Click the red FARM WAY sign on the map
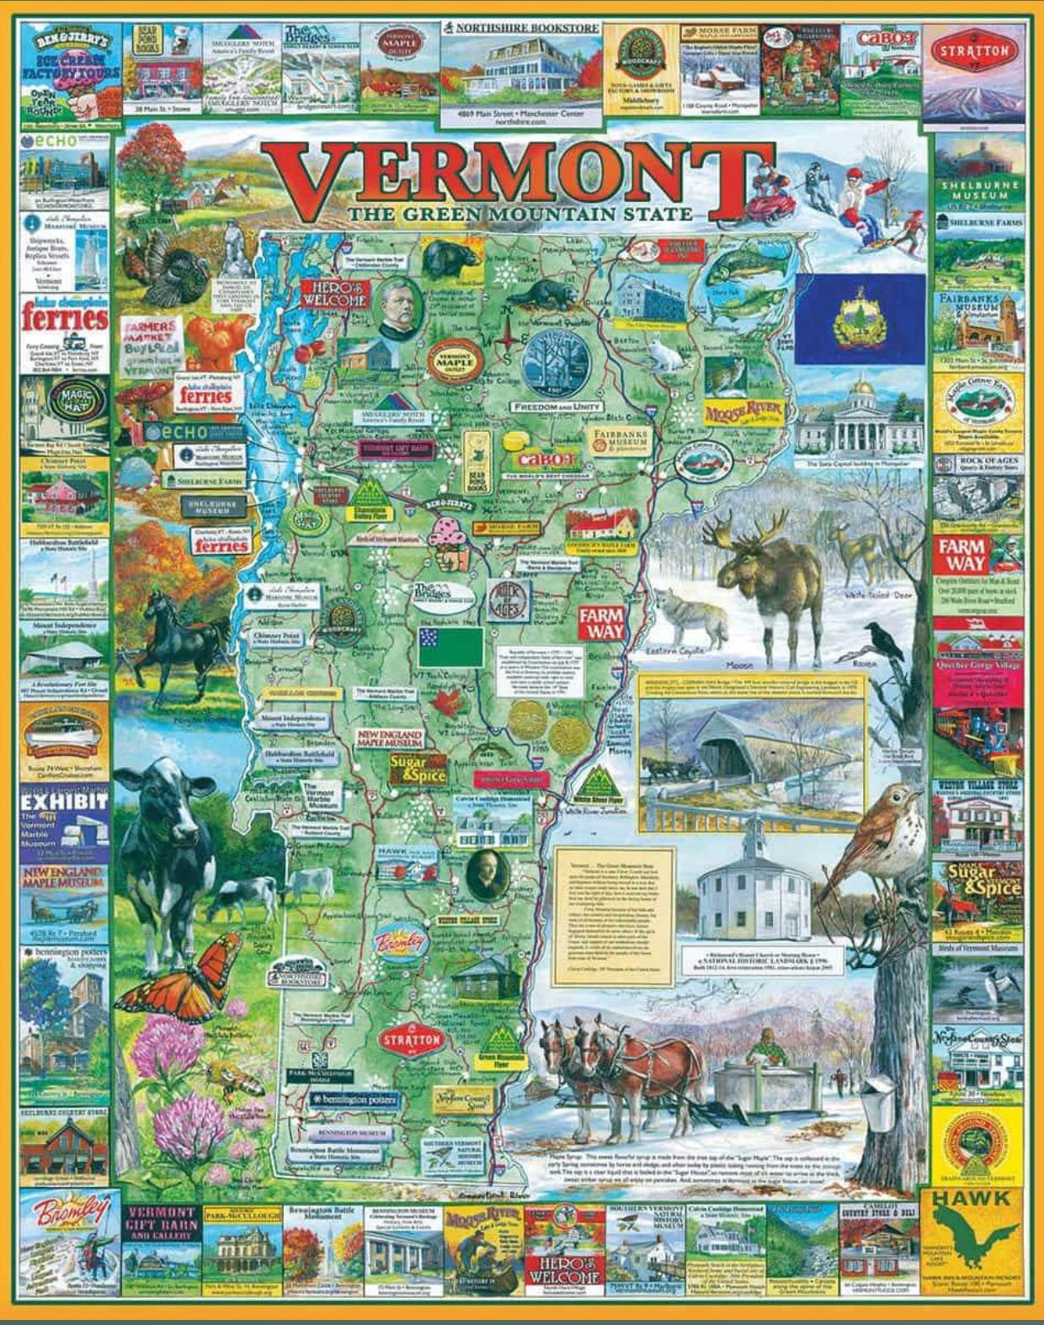[x=601, y=623]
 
